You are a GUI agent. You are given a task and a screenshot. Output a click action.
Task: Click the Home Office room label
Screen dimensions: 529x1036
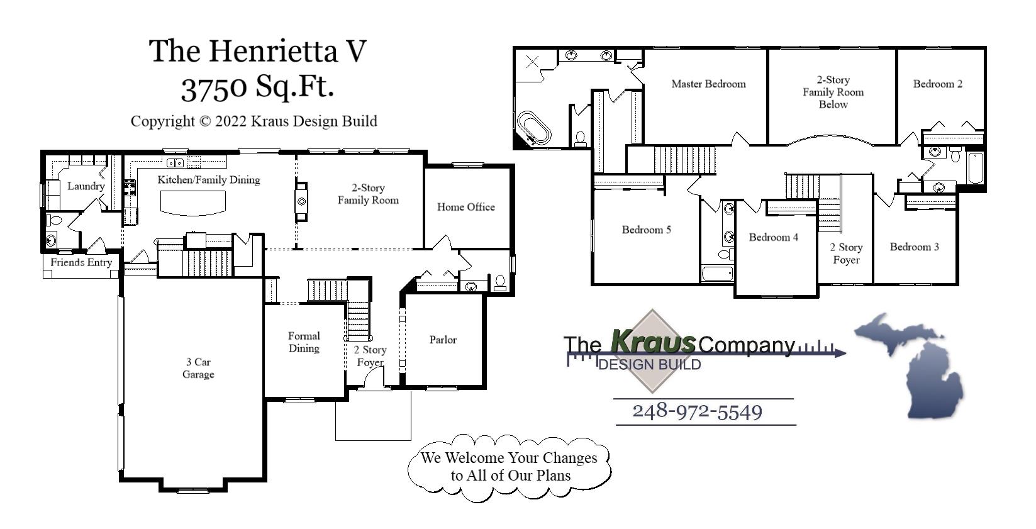465,207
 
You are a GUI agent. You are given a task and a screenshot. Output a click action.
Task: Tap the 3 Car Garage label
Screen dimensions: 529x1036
198,368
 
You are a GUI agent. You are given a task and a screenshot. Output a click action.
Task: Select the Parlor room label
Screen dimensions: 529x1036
443,340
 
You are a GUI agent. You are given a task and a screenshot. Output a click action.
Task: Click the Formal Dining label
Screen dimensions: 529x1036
304,342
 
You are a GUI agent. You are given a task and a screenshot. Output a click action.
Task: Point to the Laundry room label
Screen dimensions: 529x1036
86,186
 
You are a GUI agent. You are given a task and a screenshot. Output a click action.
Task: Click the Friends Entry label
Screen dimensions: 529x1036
81,262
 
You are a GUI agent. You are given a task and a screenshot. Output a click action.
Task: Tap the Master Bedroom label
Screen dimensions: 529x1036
708,84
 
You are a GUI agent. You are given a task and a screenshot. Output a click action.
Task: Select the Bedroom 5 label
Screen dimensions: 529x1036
646,230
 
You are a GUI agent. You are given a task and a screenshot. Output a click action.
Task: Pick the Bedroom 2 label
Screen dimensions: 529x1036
937,84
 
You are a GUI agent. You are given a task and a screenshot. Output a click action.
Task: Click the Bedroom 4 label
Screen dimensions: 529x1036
773,237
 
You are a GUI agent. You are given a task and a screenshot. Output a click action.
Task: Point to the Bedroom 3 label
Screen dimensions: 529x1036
914,247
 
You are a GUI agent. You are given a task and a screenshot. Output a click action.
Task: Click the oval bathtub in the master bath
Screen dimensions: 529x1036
534,128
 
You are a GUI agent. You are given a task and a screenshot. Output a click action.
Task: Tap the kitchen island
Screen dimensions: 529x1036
193,203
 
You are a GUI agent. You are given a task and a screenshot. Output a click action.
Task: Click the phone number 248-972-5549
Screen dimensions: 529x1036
697,411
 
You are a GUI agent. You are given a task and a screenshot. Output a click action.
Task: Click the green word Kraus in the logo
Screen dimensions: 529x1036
653,342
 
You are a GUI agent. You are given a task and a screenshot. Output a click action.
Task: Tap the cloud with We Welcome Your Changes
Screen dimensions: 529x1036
509,467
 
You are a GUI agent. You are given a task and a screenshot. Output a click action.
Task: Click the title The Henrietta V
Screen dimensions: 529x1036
257,50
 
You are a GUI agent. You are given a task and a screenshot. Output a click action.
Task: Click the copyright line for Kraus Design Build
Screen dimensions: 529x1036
253,121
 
